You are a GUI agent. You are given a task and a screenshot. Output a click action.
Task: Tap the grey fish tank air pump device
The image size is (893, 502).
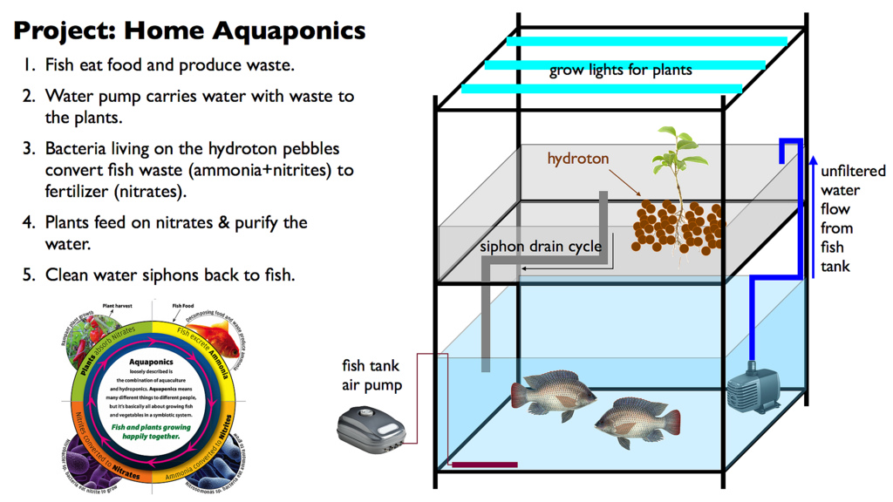(374, 427)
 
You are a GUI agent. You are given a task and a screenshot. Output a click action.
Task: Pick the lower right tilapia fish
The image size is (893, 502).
(637, 423)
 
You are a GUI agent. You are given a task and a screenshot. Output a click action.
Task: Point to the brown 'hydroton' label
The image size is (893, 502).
(578, 159)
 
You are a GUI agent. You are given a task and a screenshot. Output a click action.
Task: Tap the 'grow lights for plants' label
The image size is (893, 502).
(620, 70)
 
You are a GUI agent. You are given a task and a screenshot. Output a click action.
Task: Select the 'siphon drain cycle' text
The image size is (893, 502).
(541, 246)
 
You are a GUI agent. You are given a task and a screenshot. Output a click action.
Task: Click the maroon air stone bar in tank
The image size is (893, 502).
(484, 465)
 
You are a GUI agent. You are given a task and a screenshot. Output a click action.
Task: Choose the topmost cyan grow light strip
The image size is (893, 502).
(646, 41)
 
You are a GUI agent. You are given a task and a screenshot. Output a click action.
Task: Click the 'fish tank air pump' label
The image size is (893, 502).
(372, 376)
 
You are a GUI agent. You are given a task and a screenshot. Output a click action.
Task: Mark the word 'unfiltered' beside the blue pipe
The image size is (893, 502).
(853, 171)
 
